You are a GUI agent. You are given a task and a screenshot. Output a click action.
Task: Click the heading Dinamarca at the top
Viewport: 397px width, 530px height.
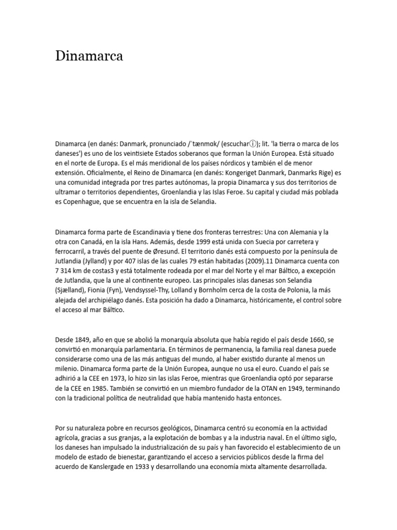(89, 56)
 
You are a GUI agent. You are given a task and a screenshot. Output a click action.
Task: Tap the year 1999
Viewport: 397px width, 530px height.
(207, 242)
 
